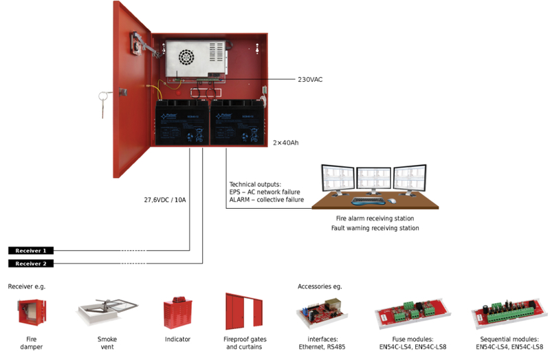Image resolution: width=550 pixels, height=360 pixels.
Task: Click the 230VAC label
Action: point(310,79)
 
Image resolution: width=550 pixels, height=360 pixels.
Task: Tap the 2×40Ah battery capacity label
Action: point(286,143)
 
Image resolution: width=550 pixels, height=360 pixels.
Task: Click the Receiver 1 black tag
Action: point(31,251)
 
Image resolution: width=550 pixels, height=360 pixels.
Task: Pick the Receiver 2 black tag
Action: point(31,264)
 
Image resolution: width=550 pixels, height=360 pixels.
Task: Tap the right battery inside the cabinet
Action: point(237,122)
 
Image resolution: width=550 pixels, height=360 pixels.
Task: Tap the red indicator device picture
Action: point(177,313)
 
